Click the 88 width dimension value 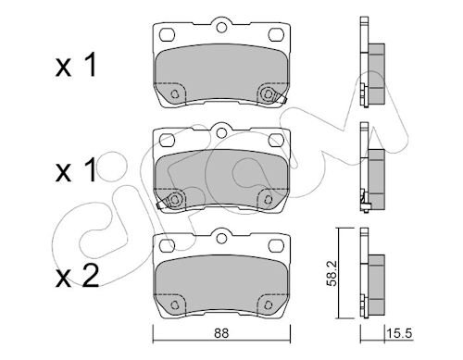221,333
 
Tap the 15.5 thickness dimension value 400,333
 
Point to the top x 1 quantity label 76,65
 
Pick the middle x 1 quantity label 76,170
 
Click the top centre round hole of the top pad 221,27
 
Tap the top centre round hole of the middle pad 221,133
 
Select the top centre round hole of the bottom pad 221,238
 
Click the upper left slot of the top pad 168,34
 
